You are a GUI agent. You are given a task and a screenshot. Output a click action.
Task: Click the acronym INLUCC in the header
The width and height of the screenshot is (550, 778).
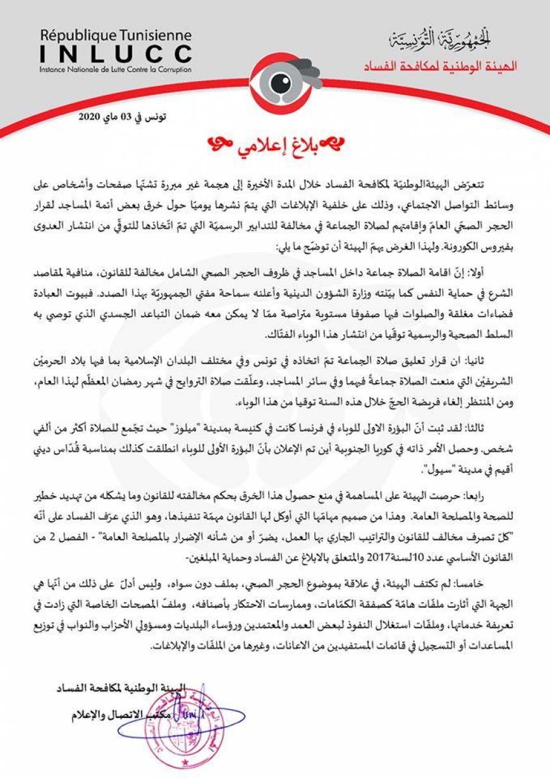[115, 52]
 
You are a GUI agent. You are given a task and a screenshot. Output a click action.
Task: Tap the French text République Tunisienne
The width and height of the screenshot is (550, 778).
[115, 35]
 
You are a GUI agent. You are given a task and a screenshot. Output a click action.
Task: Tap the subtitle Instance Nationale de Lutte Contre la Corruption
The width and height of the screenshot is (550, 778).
[115, 69]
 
